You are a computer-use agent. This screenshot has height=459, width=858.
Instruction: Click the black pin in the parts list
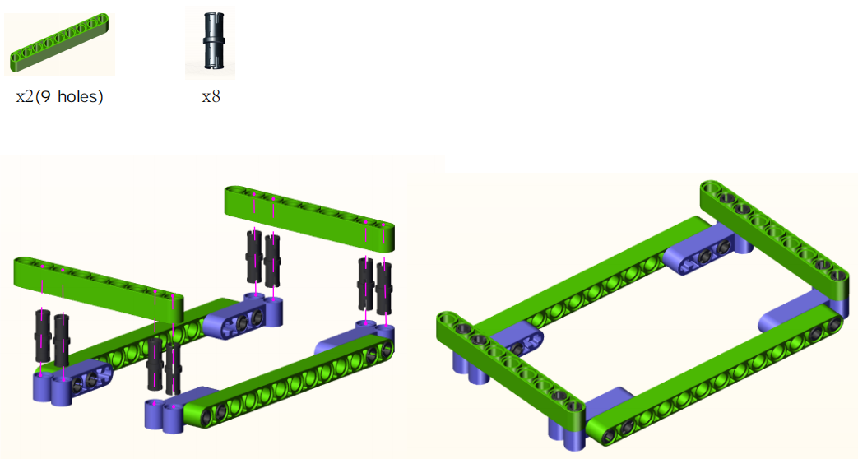(x=211, y=42)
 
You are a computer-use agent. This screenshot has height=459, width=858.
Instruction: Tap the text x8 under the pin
(x=211, y=97)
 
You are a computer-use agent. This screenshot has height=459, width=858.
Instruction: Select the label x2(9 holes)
(x=59, y=97)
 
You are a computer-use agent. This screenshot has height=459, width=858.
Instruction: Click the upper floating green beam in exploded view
(x=309, y=218)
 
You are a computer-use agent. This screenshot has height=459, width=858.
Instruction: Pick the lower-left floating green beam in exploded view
(x=99, y=288)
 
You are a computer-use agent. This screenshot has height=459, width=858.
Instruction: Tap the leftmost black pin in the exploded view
(x=43, y=336)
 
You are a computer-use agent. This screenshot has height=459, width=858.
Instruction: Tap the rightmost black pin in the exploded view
(x=384, y=288)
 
